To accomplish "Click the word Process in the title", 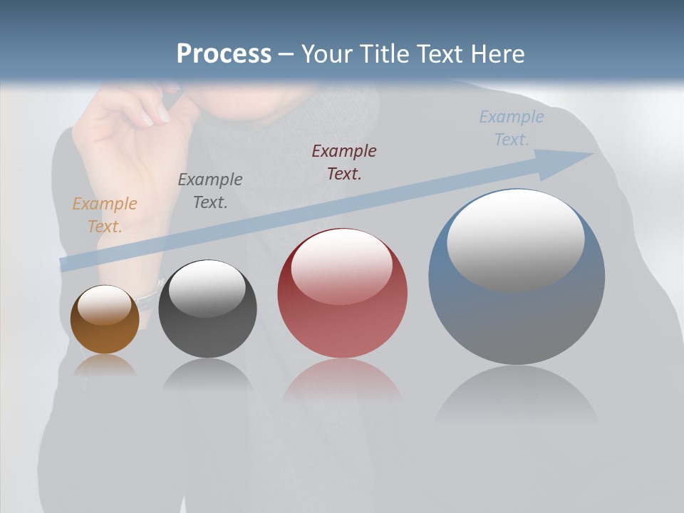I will (x=224, y=54).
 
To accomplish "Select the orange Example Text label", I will (x=105, y=215).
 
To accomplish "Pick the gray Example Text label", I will (x=210, y=191).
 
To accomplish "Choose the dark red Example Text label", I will (x=344, y=162).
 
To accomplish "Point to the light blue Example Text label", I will (x=512, y=128).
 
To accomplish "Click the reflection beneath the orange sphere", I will (x=105, y=366).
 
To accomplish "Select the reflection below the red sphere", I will (x=342, y=381).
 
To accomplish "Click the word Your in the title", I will (x=329, y=54).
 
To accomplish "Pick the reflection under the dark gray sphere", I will (x=207, y=374).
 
